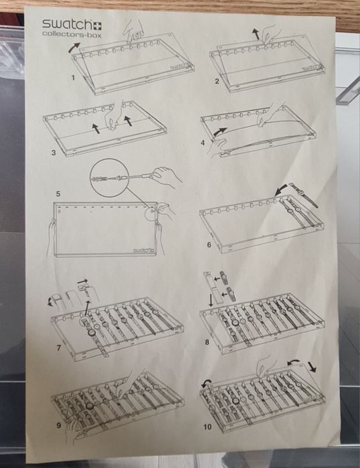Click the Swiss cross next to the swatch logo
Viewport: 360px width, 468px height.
pos(98,25)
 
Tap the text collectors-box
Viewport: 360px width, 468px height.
pos(72,34)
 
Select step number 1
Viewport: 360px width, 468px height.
pos(73,78)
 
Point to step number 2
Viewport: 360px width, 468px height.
pos(217,81)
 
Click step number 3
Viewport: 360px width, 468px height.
pos(54,153)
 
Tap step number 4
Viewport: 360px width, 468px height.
pos(203,143)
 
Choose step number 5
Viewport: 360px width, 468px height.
pos(58,193)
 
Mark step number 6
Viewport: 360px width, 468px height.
pos(209,245)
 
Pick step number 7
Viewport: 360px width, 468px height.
pos(59,347)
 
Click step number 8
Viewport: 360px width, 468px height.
pos(207,342)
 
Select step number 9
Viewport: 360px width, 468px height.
pos(59,425)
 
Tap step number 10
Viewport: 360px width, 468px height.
pos(207,426)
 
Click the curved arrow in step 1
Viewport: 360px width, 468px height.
pos(74,48)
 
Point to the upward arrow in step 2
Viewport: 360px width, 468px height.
pos(256,33)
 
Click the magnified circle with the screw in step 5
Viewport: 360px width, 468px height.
pos(110,178)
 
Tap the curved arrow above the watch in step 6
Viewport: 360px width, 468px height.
pos(280,189)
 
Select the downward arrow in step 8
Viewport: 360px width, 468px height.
pos(211,300)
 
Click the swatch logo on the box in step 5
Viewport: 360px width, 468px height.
pos(143,250)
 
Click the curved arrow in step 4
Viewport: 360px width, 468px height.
pos(220,132)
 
